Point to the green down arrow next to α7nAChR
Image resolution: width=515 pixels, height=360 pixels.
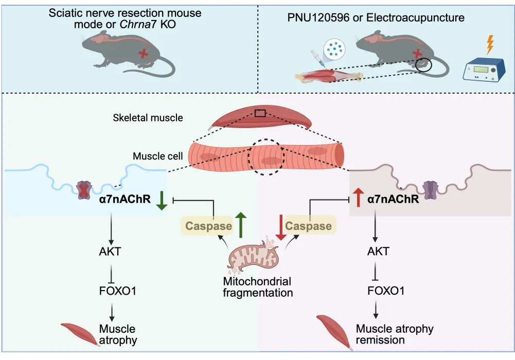[161, 200]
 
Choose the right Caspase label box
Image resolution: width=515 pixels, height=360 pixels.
[308, 226]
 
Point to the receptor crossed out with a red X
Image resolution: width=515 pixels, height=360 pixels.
[83, 189]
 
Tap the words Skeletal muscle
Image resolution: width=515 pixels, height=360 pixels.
[148, 118]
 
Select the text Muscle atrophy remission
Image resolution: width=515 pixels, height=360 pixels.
[395, 334]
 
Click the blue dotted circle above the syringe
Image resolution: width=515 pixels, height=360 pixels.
[335, 49]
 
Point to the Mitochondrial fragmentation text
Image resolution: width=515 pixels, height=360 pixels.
[257, 287]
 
